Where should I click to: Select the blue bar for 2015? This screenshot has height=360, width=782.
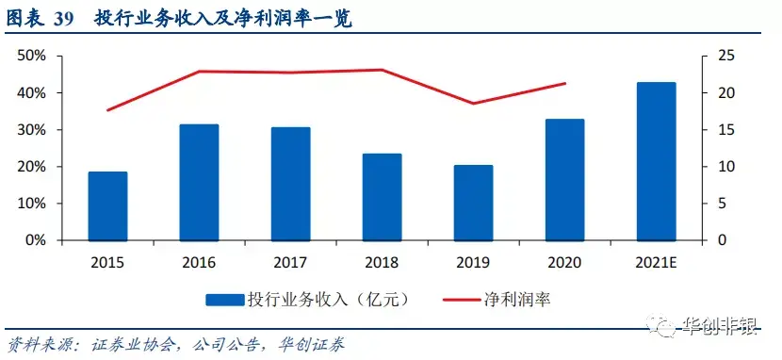[x=107, y=206]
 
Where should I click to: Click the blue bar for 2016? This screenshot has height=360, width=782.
[x=199, y=183]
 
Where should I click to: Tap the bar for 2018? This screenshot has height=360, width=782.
[x=382, y=198]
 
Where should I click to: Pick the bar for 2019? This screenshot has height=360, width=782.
[x=473, y=203]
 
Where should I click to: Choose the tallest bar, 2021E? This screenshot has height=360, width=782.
[x=657, y=161]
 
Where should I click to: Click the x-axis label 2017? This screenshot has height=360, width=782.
[x=291, y=262]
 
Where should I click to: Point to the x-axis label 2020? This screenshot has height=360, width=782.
[x=564, y=262]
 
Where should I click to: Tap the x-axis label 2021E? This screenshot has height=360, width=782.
[x=657, y=262]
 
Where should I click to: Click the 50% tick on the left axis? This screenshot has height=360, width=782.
[x=32, y=56]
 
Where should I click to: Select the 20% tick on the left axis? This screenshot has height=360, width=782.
[x=32, y=167]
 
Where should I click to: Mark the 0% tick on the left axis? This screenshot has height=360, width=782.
[x=35, y=240]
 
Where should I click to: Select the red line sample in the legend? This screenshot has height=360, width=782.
[x=463, y=300]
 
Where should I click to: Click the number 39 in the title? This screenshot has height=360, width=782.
[x=64, y=20]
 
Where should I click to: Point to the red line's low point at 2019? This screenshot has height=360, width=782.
[x=473, y=104]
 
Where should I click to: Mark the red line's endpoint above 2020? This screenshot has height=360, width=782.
[x=565, y=83]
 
